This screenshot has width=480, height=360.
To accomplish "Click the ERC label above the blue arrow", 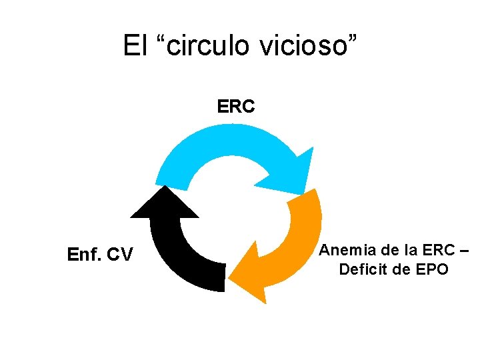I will point(236,107).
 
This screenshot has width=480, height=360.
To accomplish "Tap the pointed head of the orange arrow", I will point(250,273).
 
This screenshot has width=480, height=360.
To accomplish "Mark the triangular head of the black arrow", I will point(164,203).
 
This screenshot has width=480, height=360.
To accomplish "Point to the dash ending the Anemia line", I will point(464,251).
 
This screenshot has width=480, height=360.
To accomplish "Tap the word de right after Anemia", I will point(385,250).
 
